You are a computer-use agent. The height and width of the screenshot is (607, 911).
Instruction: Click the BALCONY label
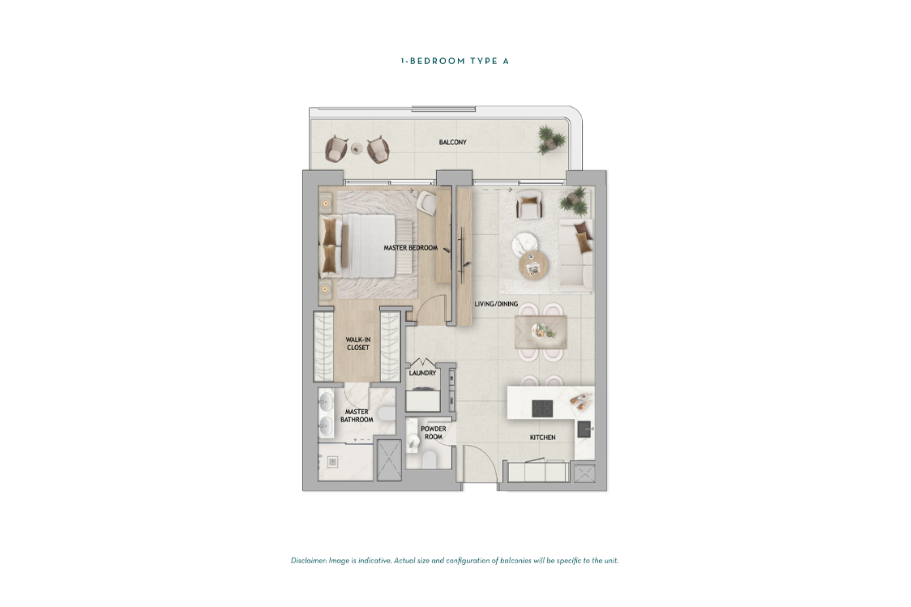click(452, 143)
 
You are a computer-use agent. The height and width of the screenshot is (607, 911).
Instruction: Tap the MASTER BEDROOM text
click(410, 248)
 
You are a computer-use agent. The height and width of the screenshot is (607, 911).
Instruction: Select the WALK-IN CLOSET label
click(357, 344)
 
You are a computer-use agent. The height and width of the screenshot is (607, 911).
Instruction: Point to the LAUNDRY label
click(422, 374)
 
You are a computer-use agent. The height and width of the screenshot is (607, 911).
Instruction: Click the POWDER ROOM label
click(434, 433)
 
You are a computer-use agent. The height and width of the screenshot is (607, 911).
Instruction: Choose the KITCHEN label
click(542, 438)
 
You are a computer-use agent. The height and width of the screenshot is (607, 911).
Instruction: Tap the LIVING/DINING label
click(495, 305)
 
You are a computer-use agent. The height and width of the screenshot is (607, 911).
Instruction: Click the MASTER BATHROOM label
click(357, 416)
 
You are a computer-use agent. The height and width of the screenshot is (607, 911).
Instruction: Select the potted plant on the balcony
click(552, 137)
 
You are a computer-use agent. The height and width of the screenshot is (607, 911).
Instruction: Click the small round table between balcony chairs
click(356, 148)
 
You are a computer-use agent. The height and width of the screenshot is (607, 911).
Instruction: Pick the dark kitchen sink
click(584, 429)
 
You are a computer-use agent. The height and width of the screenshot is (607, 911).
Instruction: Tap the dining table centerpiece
click(540, 331)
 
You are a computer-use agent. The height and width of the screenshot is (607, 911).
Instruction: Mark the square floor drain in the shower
click(331, 462)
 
